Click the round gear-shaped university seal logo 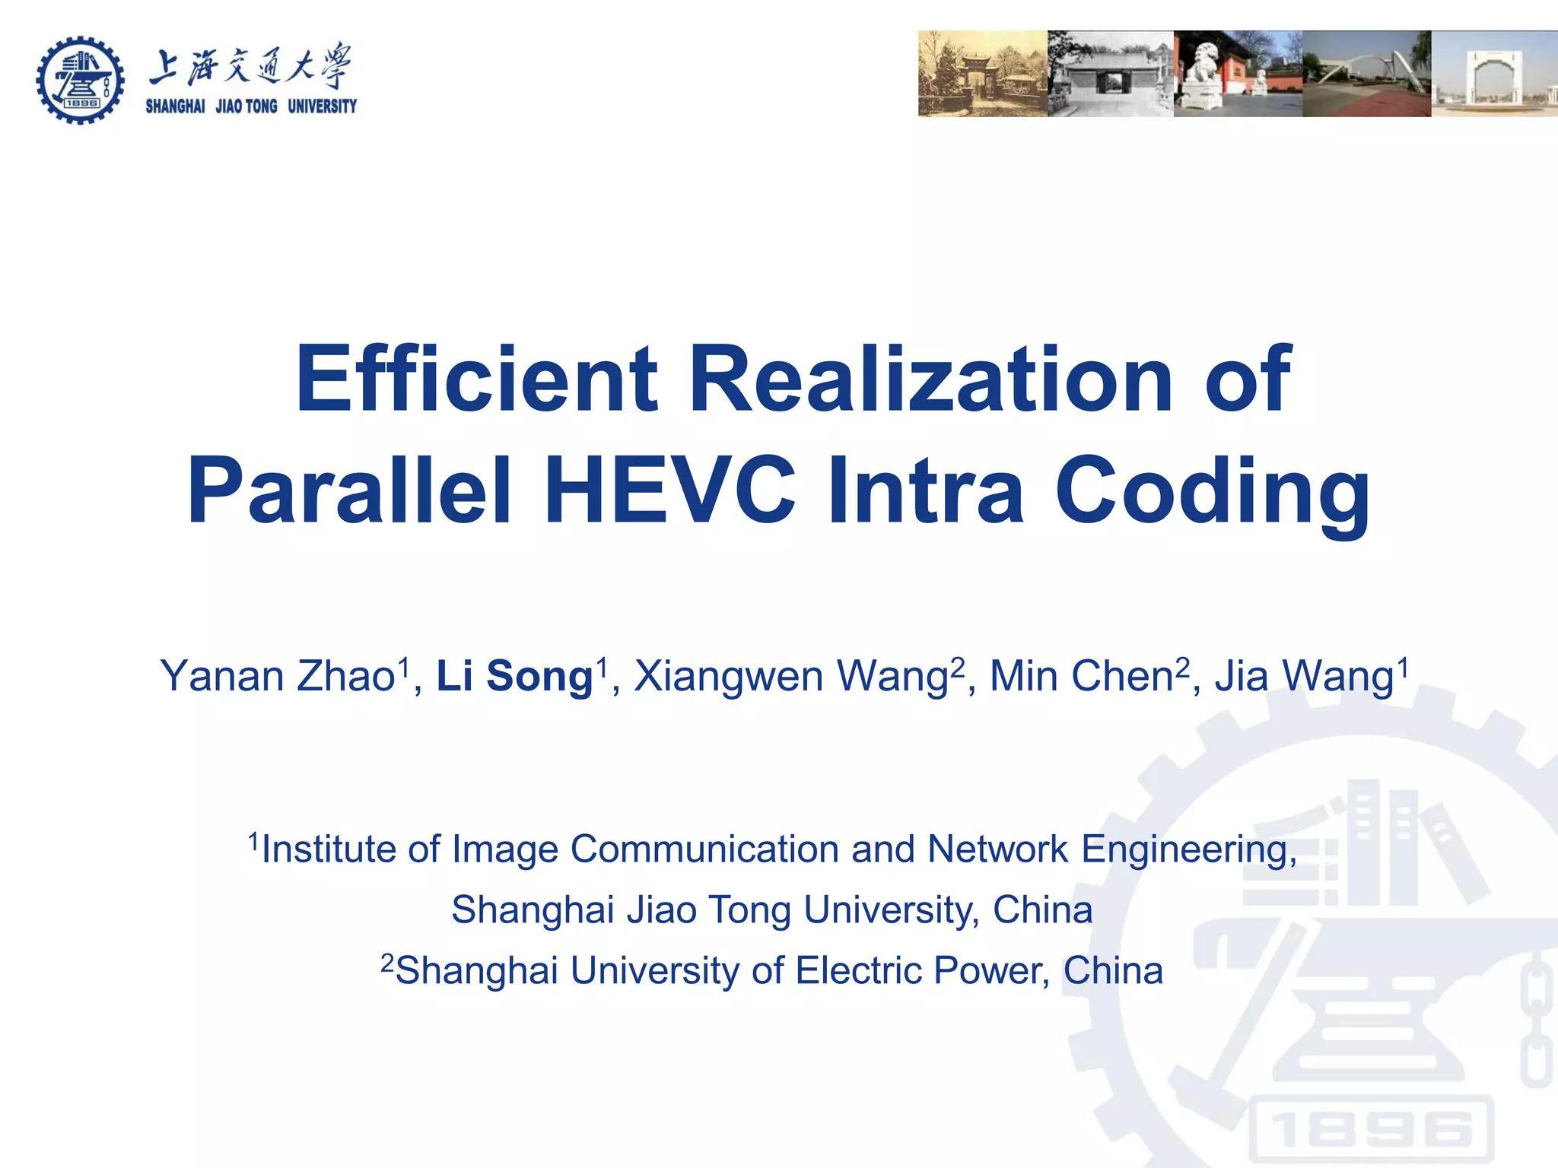click(80, 79)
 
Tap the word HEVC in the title click(669, 490)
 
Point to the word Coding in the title click(1213, 490)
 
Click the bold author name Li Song click(514, 676)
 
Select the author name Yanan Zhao click(278, 676)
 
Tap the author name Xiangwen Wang click(791, 676)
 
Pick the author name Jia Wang click(1304, 676)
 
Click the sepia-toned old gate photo click(982, 74)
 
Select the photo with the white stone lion click(1238, 74)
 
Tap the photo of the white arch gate click(1494, 74)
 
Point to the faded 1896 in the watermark click(1369, 1129)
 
